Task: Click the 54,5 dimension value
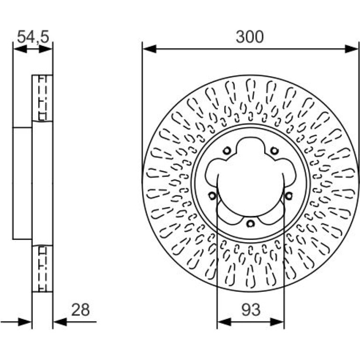coord(33,37)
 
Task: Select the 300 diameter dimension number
coord(250,37)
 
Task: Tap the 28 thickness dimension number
coord(80,310)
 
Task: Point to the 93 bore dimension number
coord(251,310)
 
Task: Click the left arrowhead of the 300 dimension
coord(149,49)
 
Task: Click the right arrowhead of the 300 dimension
coord(352,49)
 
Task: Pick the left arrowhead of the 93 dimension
coord(224,322)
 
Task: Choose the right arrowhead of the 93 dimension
coord(277,322)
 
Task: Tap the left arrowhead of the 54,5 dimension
coord(20,49)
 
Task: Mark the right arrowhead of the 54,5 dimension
coord(46,49)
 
